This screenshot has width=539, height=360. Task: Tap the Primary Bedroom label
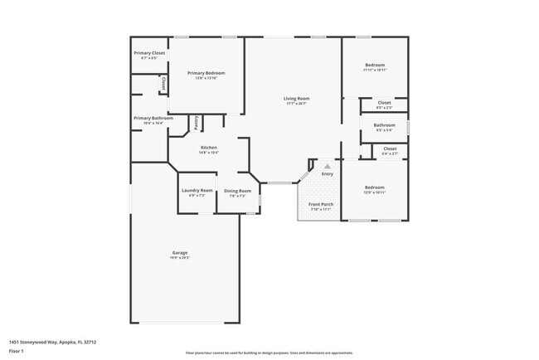pos(206,73)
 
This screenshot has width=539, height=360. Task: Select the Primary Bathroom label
pos(153,118)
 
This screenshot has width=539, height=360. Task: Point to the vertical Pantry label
pos(197,123)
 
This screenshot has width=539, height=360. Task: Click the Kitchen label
pos(208,148)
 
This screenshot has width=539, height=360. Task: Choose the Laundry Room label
pos(197,191)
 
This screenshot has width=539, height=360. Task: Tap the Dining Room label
pos(237,191)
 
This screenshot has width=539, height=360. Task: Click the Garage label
pos(180,252)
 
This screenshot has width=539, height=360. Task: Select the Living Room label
pos(296,99)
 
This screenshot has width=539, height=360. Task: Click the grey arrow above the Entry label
pos(327,167)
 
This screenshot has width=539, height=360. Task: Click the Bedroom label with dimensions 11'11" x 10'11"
pos(374,65)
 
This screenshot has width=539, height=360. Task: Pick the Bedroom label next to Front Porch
pos(374,187)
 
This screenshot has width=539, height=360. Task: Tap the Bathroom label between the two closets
pos(384,125)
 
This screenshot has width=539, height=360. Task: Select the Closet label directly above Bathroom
pos(384,103)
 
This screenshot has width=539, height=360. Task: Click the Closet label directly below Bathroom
pos(389,148)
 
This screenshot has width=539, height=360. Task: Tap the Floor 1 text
pos(17,351)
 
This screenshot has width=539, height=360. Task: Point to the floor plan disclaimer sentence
pos(269,352)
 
